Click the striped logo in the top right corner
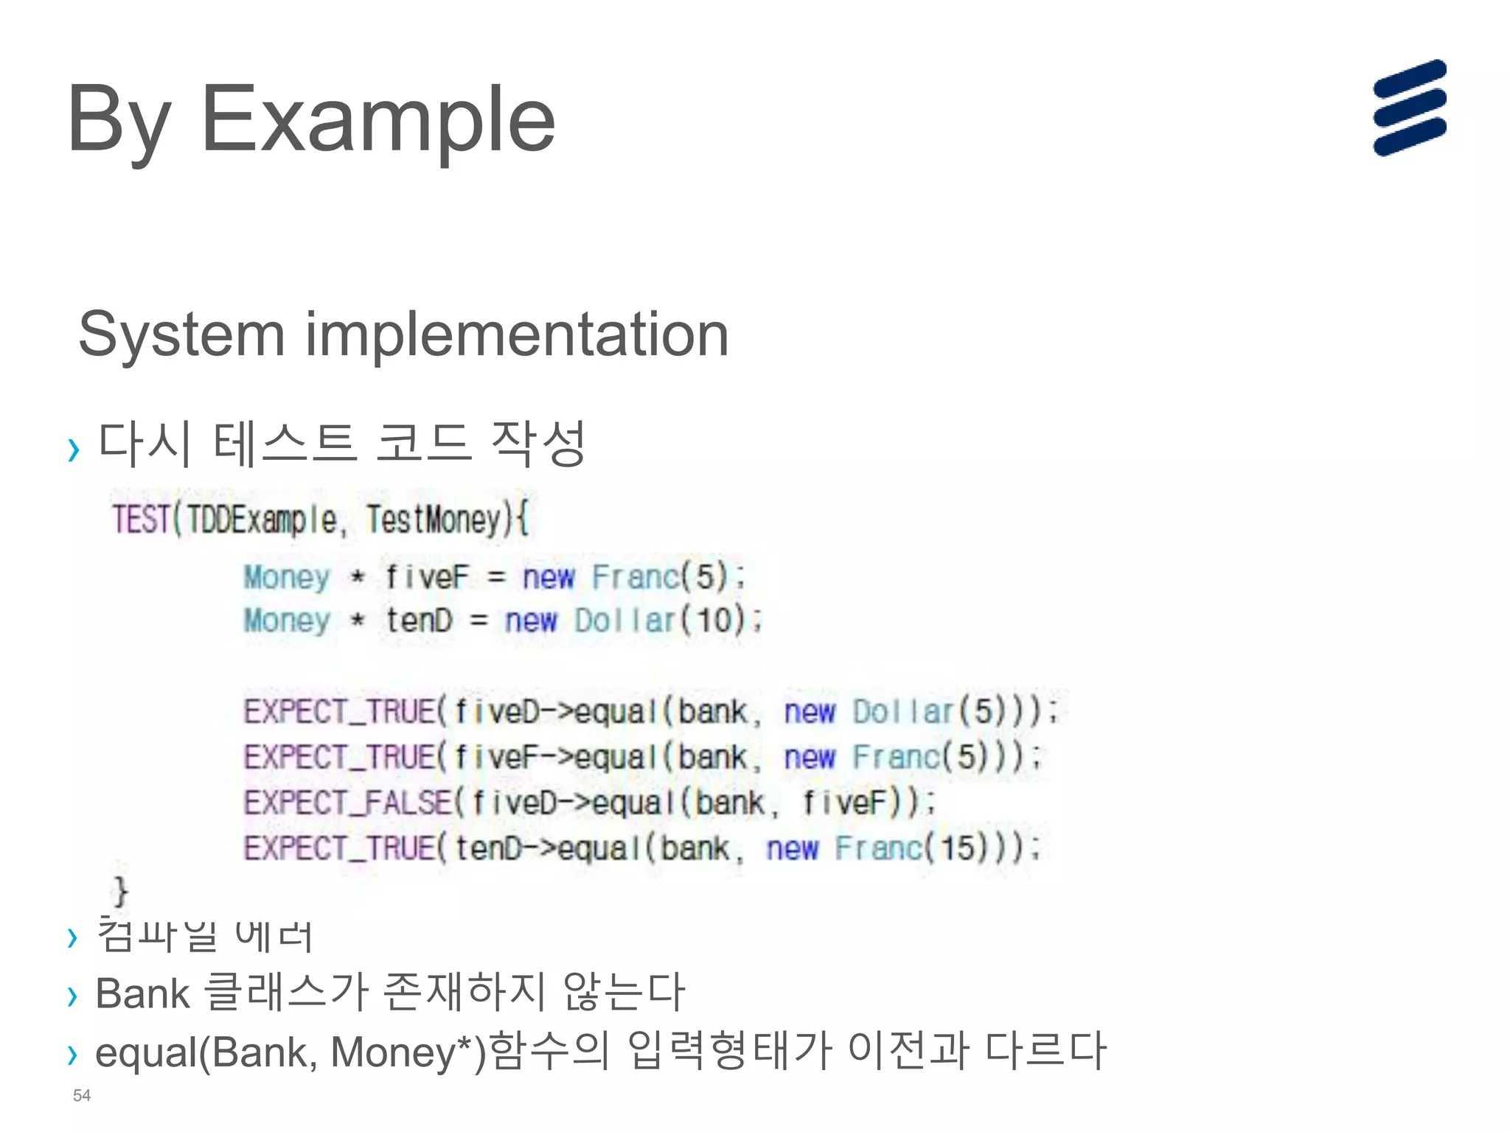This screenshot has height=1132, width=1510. (1409, 108)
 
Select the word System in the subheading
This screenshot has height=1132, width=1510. (181, 335)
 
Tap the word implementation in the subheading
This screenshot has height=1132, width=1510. (517, 335)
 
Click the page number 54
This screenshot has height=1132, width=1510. (82, 1095)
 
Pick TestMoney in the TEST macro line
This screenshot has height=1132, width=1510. (434, 520)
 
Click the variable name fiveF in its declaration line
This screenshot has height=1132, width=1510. (427, 576)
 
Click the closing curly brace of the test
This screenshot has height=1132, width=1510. (119, 891)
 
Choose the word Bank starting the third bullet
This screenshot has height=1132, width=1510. (142, 993)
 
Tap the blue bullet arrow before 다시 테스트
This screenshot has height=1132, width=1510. (73, 449)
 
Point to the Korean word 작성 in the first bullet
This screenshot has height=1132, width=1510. (538, 444)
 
